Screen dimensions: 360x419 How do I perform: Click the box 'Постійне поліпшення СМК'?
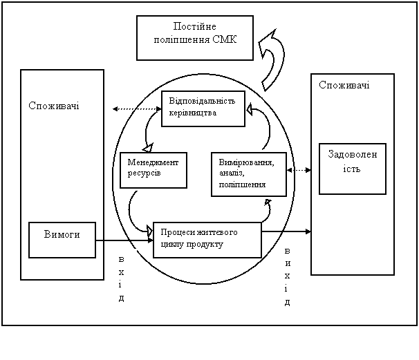point(195,33)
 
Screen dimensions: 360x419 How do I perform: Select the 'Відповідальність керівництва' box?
point(203,108)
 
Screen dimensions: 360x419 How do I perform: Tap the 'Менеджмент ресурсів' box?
point(153,169)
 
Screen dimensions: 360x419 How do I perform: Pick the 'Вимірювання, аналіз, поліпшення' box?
point(248,174)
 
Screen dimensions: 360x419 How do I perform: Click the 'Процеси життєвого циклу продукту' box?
point(207,239)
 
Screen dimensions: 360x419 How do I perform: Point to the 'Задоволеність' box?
point(352,169)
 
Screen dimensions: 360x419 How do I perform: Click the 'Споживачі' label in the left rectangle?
point(54,106)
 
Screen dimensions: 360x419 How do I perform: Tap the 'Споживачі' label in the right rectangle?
point(344,85)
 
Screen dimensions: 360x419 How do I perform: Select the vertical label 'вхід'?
point(122,278)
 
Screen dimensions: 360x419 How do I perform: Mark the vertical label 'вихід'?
point(287,276)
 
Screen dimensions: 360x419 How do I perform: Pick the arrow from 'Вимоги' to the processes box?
point(124,240)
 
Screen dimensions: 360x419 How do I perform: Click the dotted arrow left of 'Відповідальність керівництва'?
point(136,108)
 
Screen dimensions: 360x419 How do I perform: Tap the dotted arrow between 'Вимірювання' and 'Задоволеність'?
point(299,169)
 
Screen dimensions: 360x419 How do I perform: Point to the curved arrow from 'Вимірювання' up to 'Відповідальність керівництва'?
point(266,127)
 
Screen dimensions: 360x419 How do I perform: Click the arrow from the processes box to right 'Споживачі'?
point(286,231)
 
